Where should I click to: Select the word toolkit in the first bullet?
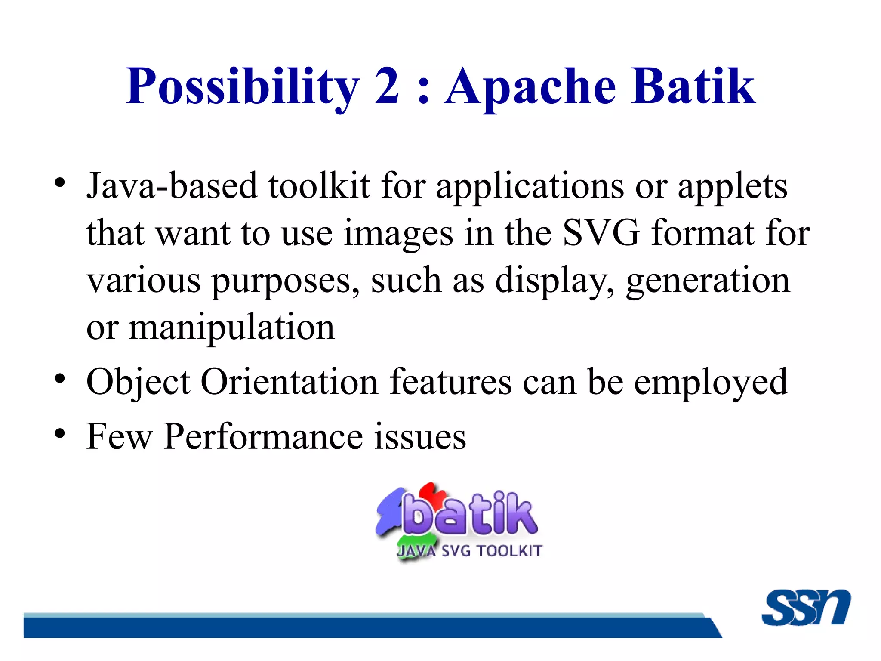point(319,186)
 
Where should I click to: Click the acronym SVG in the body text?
point(601,233)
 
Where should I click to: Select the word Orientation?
point(289,382)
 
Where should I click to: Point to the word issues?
point(419,436)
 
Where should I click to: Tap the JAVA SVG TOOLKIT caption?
point(470,551)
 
